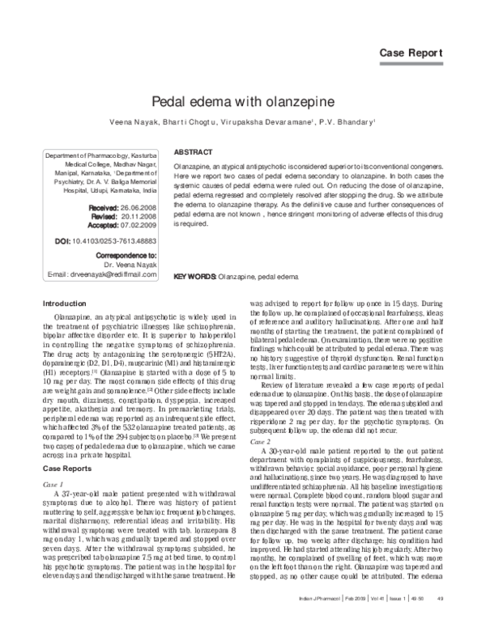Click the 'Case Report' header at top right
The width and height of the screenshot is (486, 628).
click(x=411, y=53)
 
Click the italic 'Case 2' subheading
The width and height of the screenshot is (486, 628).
click(x=261, y=443)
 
